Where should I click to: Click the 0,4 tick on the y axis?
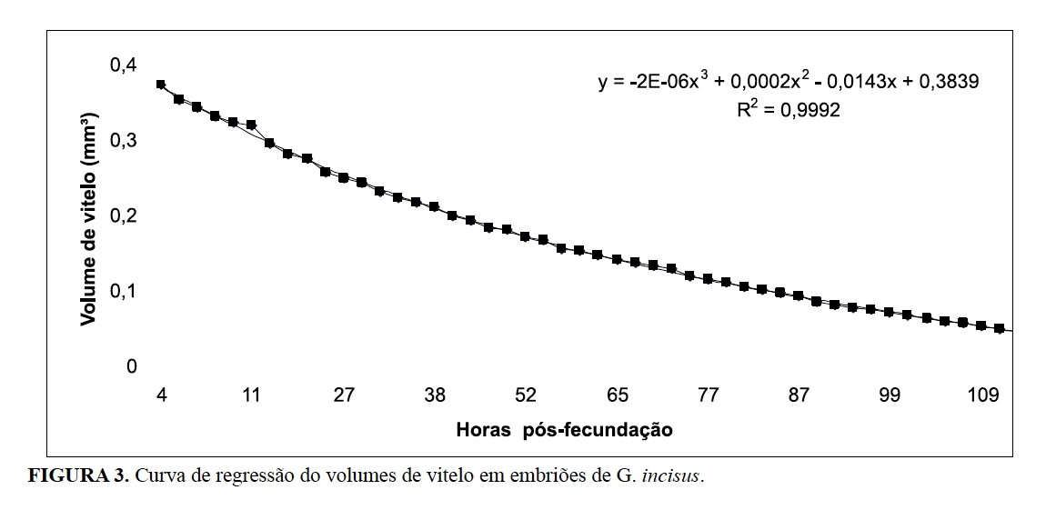pyautogui.click(x=124, y=65)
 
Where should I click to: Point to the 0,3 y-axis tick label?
pyautogui.click(x=124, y=141)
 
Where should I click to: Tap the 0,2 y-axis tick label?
pyautogui.click(x=124, y=216)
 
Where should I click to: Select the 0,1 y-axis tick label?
pyautogui.click(x=124, y=291)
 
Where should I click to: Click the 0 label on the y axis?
pyautogui.click(x=131, y=366)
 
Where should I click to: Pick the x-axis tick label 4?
pyautogui.click(x=161, y=396)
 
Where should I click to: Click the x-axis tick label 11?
pyautogui.click(x=252, y=396)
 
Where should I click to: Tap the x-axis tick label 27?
pyautogui.click(x=343, y=396)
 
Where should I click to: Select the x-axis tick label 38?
pyautogui.click(x=435, y=396)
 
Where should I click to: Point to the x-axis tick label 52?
pyautogui.click(x=526, y=396)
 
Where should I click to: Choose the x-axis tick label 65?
pyautogui.click(x=617, y=396)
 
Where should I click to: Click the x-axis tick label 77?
pyautogui.click(x=708, y=396)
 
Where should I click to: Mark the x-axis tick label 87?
pyautogui.click(x=799, y=396)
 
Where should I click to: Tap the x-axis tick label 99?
pyautogui.click(x=890, y=396)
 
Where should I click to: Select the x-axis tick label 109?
pyautogui.click(x=985, y=396)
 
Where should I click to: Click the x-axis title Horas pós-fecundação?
pyautogui.click(x=565, y=427)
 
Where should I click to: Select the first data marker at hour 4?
pyautogui.click(x=161, y=85)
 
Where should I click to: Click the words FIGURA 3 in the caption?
pyautogui.click(x=78, y=476)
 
